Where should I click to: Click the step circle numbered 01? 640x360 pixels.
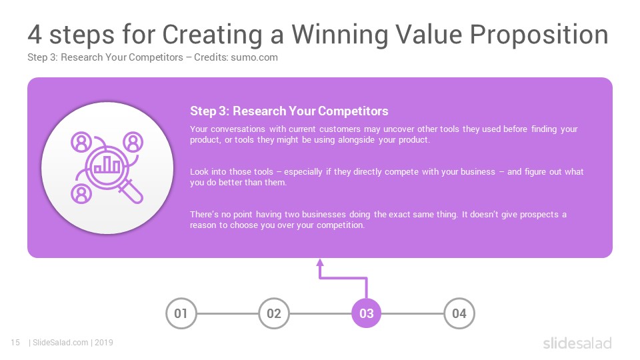tap(181, 313)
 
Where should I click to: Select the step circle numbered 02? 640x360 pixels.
tap(274, 313)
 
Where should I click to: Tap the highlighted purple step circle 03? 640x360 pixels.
tap(367, 313)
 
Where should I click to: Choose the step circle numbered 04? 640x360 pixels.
tap(459, 313)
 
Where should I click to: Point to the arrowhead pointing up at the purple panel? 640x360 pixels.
tap(320, 263)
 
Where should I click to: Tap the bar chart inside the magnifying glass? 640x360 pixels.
tap(107, 164)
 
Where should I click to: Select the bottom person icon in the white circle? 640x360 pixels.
tap(81, 194)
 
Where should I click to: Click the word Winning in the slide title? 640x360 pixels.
tap(339, 34)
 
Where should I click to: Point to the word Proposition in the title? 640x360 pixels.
tap(539, 34)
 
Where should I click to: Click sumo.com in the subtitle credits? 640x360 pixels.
tap(254, 57)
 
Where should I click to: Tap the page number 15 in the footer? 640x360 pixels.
tap(15, 343)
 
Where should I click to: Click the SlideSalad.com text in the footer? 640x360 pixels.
tap(60, 343)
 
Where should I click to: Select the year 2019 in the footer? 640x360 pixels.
tap(104, 343)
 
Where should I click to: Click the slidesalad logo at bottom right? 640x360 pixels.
tap(577, 343)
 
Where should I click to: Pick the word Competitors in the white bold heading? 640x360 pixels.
tap(353, 111)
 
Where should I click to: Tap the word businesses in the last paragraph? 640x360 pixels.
tap(324, 214)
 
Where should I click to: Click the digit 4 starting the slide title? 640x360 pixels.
tap(35, 34)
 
